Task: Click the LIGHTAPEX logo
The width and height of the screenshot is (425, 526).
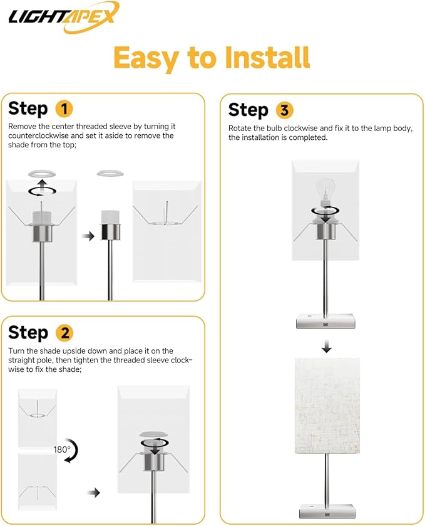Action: [x=64, y=17]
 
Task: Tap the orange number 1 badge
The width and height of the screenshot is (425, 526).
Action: [x=64, y=108]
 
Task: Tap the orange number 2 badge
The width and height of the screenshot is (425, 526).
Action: [x=64, y=333]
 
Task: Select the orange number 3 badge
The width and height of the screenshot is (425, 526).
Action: [x=284, y=110]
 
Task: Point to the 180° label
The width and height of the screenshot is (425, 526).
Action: [x=62, y=450]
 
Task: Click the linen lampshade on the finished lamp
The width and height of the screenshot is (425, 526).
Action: [x=327, y=406]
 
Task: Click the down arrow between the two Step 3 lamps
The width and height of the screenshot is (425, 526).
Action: [x=327, y=347]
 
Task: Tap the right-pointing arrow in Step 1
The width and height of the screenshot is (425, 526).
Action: [x=88, y=236]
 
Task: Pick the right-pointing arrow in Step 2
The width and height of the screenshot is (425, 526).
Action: [x=94, y=492]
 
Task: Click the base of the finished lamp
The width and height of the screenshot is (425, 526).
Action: [x=327, y=510]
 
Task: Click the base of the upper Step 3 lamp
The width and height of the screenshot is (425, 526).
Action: [x=325, y=321]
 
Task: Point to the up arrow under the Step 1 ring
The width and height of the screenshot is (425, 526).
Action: [x=42, y=184]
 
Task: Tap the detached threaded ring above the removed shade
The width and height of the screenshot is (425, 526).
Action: [x=110, y=174]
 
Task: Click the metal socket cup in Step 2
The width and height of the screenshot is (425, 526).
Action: [x=154, y=460]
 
